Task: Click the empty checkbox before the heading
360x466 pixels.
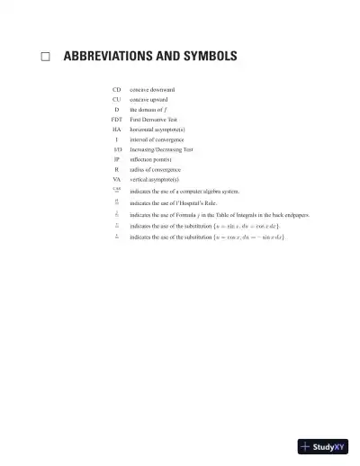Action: click(45, 57)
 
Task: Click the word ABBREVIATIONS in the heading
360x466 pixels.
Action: click(109, 57)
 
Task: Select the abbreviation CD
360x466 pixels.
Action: click(116, 90)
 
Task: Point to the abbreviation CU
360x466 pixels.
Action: click(116, 99)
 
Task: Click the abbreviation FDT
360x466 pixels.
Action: click(116, 119)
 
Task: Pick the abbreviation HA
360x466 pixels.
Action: click(116, 130)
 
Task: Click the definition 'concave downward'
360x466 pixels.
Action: click(152, 90)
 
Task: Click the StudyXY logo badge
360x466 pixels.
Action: click(322, 446)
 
